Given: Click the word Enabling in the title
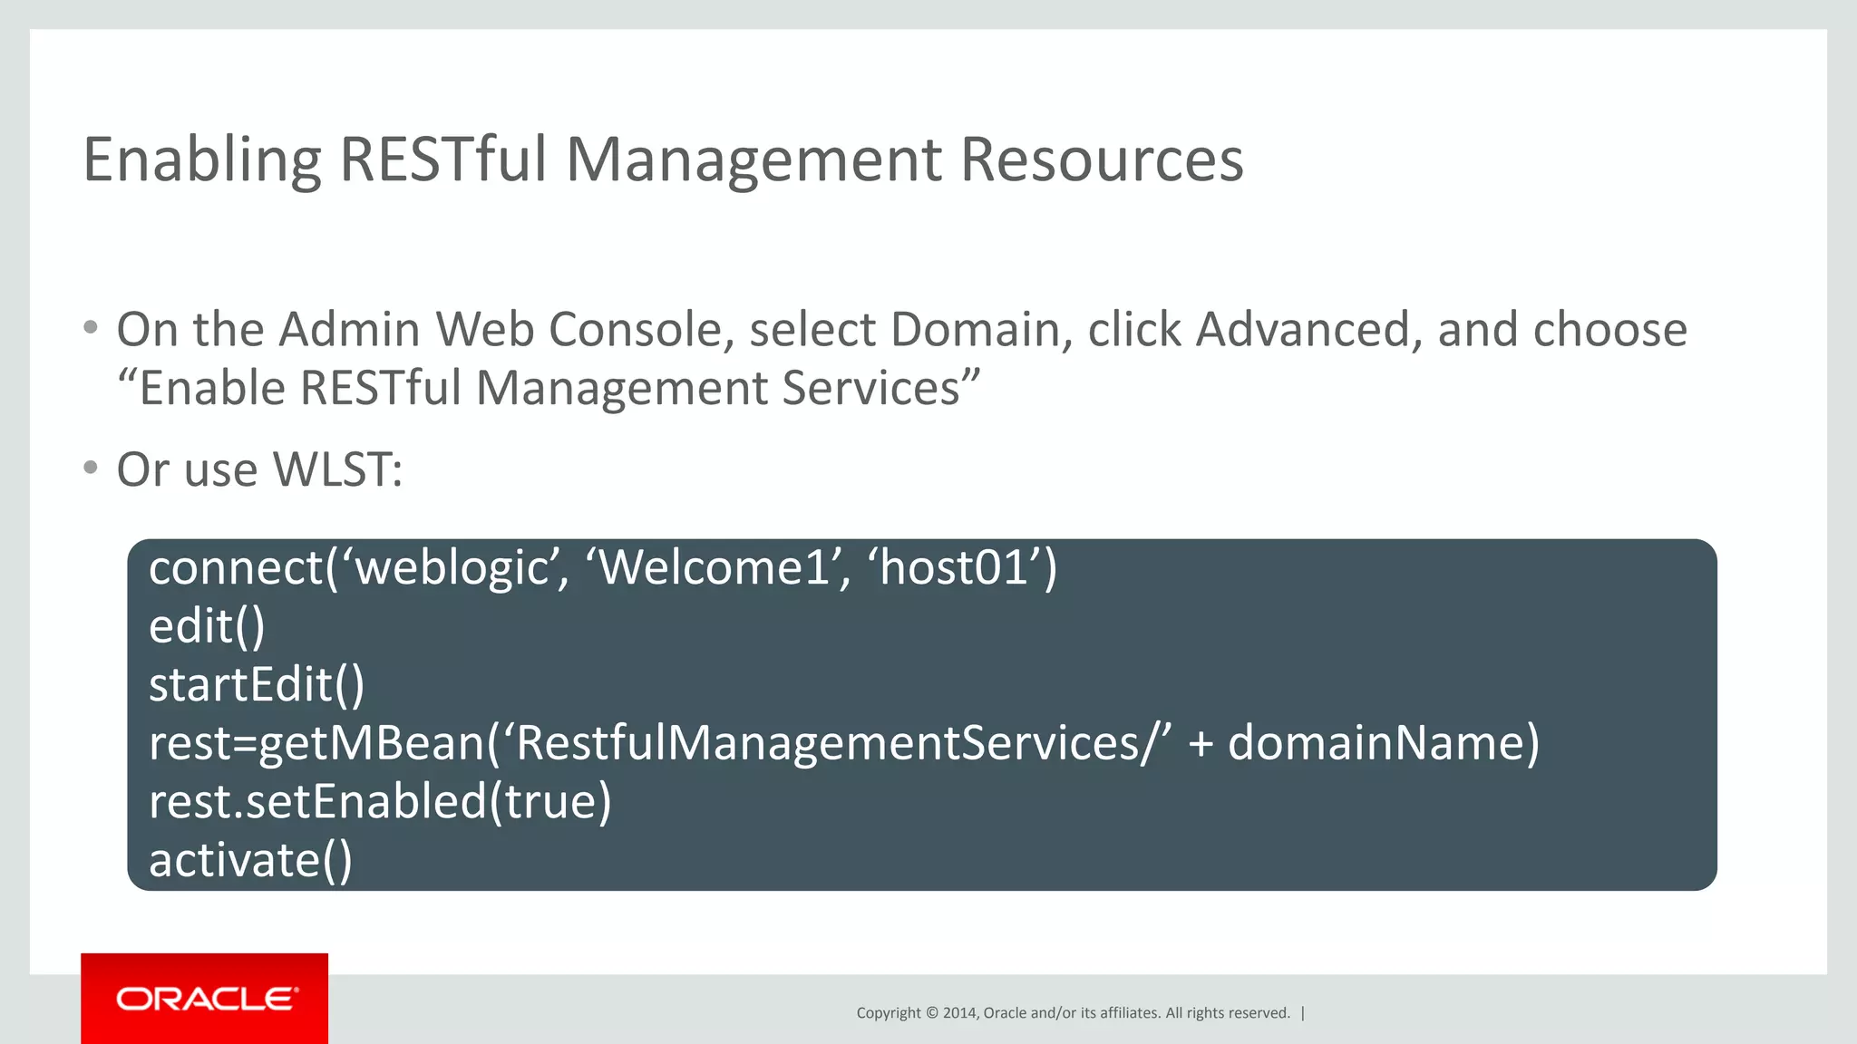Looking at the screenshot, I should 201,160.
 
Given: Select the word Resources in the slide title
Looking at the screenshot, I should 1101,160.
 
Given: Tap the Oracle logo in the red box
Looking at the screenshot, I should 206,999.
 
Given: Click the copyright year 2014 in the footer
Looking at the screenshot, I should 958,1013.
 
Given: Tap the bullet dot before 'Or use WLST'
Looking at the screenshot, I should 90,468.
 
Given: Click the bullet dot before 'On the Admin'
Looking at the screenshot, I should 90,327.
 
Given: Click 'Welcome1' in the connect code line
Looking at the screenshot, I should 715,569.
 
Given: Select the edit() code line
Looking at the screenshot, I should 207,627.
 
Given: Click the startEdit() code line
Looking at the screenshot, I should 257,685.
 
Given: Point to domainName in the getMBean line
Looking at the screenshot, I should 1374,743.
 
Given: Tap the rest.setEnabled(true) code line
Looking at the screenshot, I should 380,802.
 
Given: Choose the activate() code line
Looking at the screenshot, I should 250,860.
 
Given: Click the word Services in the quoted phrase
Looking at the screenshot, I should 870,388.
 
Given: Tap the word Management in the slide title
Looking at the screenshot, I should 753,160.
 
